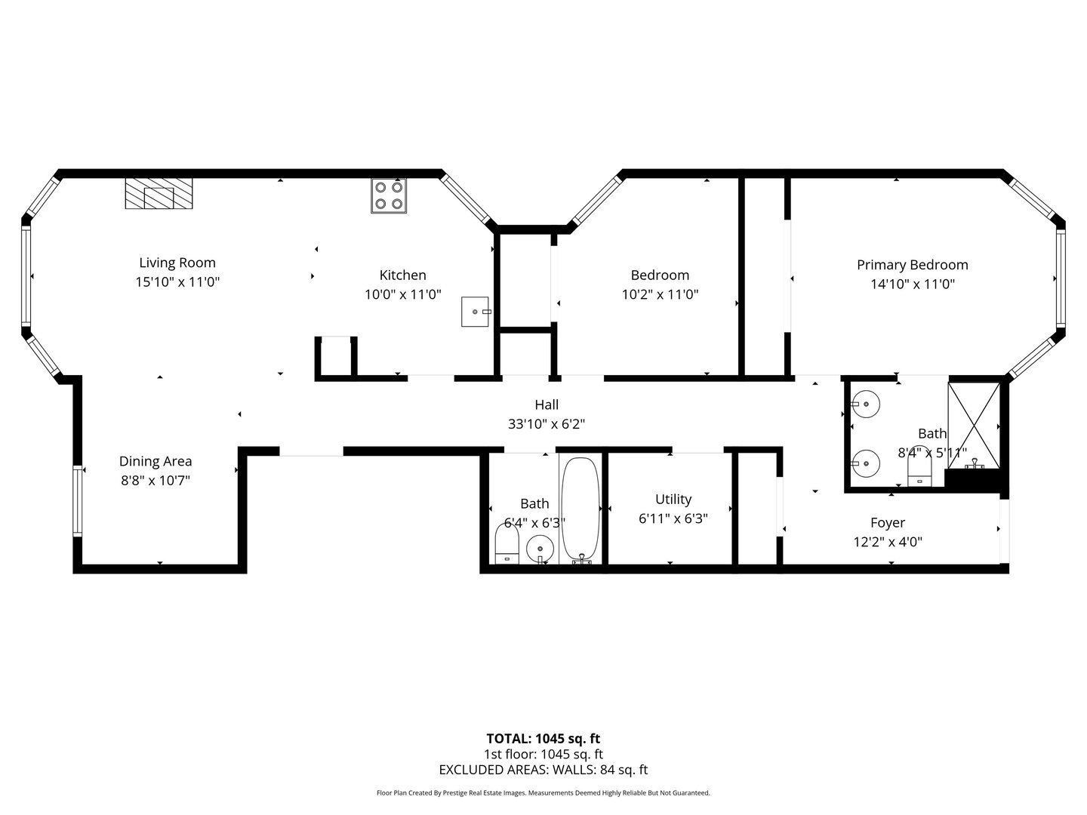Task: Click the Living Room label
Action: click(x=177, y=263)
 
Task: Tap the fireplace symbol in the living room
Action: click(x=159, y=193)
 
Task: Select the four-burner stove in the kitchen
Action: click(x=389, y=195)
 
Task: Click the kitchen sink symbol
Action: click(x=476, y=311)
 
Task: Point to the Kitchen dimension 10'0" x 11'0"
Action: click(x=402, y=294)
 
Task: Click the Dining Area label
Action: click(x=156, y=461)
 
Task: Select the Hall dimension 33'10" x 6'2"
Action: click(x=547, y=424)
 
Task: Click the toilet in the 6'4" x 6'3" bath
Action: click(x=507, y=544)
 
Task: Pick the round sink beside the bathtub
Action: click(x=540, y=548)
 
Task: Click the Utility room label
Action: click(x=673, y=499)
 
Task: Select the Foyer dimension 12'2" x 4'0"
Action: click(x=888, y=542)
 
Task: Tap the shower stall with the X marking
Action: click(x=974, y=426)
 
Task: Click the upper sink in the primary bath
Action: click(x=865, y=404)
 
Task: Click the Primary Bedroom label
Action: click(x=912, y=265)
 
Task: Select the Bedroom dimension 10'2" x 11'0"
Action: click(x=660, y=294)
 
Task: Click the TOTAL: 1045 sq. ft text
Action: click(x=543, y=738)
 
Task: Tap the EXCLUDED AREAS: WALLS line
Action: click(x=543, y=770)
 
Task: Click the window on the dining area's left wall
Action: click(x=77, y=501)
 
